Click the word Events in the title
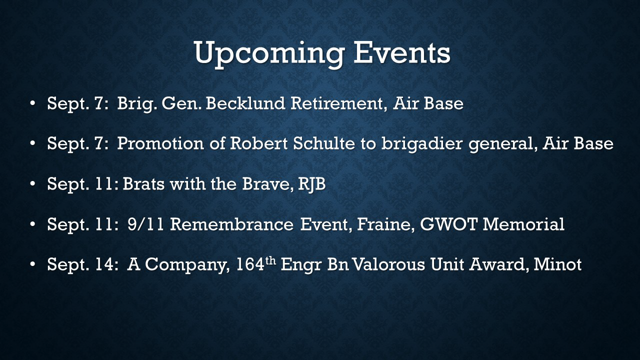[402, 52]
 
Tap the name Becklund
[245, 103]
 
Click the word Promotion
[160, 143]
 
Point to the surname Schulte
[323, 143]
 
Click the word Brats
[143, 183]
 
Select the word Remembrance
[231, 224]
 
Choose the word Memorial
[523, 224]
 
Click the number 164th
[256, 264]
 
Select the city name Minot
[557, 264]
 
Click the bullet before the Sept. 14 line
[32, 264]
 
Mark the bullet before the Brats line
[32, 184]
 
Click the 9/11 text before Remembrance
[145, 224]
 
